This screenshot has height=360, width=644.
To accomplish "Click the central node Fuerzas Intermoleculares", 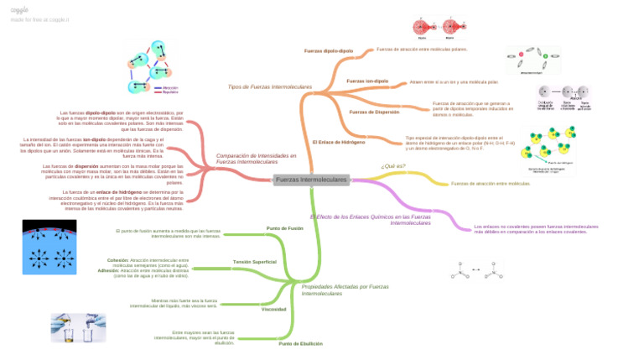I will [x=310, y=180].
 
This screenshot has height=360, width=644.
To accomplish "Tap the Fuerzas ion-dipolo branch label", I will [x=367, y=81].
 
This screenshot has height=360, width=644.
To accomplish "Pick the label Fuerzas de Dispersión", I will [x=373, y=112].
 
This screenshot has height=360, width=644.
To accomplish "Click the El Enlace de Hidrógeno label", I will [x=339, y=142].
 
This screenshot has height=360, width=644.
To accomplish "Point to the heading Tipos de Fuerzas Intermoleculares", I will [x=270, y=86].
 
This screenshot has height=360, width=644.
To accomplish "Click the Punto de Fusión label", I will [x=284, y=228].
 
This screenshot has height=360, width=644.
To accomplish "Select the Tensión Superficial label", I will [x=254, y=262].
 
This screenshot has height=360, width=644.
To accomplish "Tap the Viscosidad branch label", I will [x=274, y=309].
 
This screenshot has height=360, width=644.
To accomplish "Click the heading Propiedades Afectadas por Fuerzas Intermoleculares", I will [x=345, y=290].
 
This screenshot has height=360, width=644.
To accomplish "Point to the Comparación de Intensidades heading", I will [x=256, y=158].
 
